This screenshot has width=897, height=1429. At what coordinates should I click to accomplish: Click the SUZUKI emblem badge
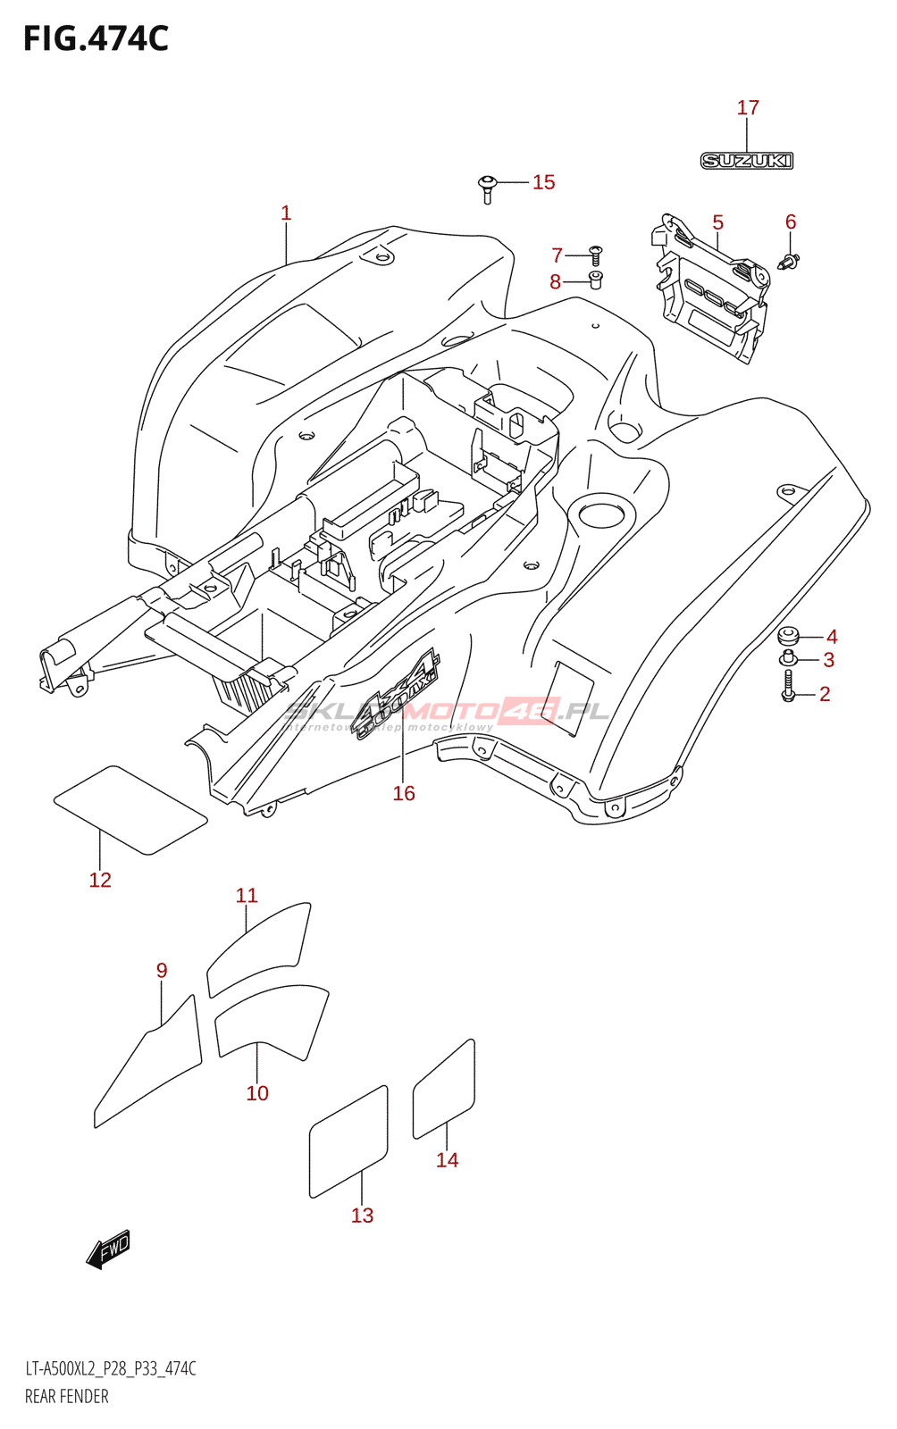tap(746, 161)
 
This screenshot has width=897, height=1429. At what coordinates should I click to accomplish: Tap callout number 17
tap(748, 108)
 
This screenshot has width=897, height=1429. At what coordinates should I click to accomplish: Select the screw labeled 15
tap(487, 188)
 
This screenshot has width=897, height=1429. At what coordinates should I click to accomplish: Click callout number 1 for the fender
tap(286, 213)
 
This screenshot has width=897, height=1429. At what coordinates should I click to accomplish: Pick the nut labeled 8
tap(596, 280)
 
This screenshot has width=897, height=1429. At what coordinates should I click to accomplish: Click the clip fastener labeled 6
tap(789, 262)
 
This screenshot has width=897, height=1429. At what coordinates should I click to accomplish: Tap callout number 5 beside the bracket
tap(717, 222)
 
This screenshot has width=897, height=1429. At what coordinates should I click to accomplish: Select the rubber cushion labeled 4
tap(788, 636)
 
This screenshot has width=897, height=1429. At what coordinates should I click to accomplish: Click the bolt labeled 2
tap(788, 686)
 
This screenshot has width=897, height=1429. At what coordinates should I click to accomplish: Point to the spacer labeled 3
tap(788, 659)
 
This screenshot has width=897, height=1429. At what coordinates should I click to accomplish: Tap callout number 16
tap(404, 793)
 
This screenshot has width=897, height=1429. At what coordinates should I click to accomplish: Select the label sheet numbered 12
tap(130, 809)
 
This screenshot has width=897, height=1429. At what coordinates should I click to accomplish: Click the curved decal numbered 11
tap(260, 948)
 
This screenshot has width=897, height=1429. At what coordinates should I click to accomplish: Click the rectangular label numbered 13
tap(348, 1141)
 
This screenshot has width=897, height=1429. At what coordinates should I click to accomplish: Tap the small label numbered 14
tap(444, 1089)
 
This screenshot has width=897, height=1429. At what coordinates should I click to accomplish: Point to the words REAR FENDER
tap(67, 1397)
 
